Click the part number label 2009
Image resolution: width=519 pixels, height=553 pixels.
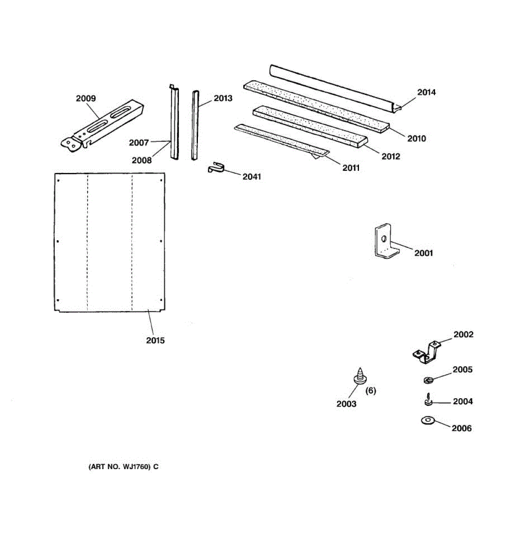pos(86,98)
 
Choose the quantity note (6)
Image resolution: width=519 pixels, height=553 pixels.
pos(370,391)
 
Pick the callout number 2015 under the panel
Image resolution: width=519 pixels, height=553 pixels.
pos(155,341)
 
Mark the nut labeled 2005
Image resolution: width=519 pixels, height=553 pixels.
pos(428,380)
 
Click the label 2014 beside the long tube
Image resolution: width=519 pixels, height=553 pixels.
pos(426,92)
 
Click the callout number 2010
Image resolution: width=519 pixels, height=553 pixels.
pos(416,138)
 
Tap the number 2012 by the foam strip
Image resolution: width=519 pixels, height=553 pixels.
pos(390,156)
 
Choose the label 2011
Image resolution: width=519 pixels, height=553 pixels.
pos(351,168)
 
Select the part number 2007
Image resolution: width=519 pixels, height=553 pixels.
pos(139,142)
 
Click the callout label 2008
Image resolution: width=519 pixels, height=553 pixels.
pos(142,160)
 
